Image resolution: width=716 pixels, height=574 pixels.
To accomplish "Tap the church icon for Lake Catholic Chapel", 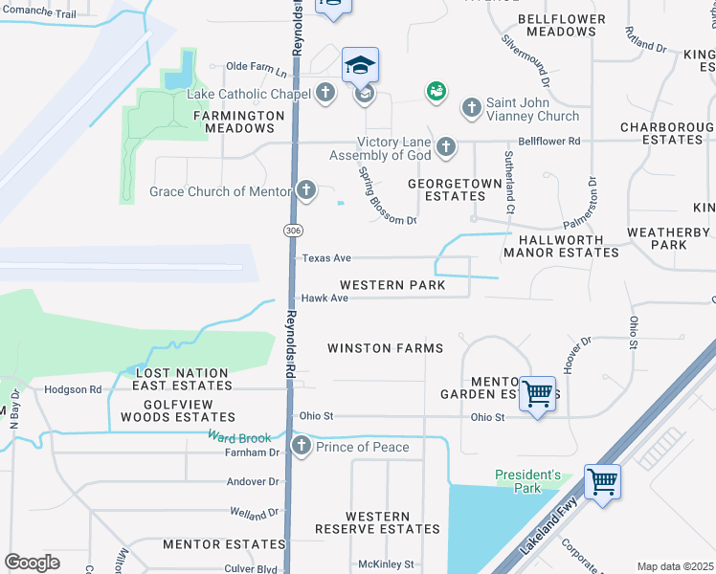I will (325, 94).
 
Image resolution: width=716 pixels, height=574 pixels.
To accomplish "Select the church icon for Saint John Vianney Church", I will (471, 107).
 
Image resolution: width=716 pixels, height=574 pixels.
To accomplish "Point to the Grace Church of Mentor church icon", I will (305, 190).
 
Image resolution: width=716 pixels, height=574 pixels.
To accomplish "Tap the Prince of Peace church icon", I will (302, 447).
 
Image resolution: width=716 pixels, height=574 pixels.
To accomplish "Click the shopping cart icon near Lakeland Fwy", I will (602, 480).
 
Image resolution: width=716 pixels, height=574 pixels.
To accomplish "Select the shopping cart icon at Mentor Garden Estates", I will (538, 392).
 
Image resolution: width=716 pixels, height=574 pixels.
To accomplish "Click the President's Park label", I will (527, 481).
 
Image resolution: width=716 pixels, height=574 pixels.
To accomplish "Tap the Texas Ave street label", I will (326, 258).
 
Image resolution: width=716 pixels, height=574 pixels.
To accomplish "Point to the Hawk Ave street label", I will (324, 298).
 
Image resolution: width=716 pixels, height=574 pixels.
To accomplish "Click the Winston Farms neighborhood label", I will (385, 348).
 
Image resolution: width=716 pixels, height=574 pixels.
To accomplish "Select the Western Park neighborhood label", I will (392, 285).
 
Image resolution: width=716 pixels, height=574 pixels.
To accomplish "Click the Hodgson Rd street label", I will (74, 389).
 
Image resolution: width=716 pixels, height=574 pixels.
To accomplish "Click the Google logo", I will (32, 563).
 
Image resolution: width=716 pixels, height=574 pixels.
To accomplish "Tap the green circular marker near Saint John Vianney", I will (436, 91).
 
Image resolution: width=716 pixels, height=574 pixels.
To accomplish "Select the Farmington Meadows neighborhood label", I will (239, 121).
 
